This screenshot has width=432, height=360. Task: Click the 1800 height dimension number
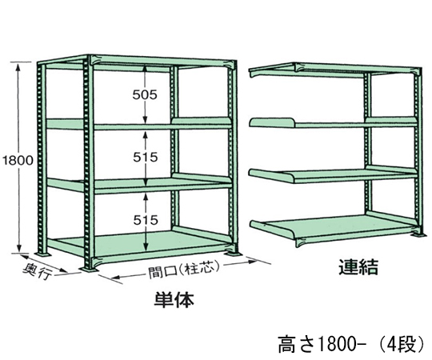18,160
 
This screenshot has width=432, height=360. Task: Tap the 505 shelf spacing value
145,95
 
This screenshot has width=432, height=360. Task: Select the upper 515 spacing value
146,158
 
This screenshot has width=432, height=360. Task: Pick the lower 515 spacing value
146,220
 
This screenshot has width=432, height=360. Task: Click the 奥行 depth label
38,271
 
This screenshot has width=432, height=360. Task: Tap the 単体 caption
174,300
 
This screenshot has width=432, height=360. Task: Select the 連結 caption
358,267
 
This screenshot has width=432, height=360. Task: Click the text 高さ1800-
322,345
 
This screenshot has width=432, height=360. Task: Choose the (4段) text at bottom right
402,345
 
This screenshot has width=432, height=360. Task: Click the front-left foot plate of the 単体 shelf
89,268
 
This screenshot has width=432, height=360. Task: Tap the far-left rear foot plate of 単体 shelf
43,254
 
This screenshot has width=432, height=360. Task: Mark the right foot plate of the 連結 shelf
418,234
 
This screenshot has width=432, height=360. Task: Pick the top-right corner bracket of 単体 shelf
231,65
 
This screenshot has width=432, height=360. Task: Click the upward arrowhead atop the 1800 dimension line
18,67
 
